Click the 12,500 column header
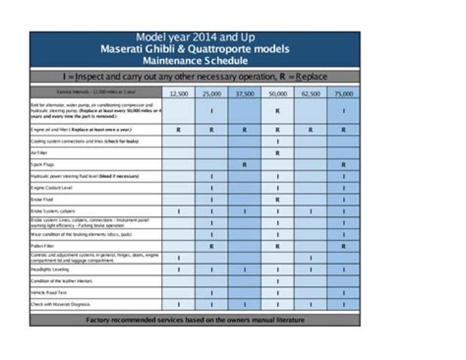coord(179,94)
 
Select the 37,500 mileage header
coord(245,94)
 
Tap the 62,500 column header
coord(311,94)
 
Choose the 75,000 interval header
coord(344,94)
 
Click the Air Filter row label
coord(39,153)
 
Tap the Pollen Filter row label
coord(42,246)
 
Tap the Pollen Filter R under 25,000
coord(212,246)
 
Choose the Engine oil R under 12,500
coord(179,129)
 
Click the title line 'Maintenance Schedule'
coord(195,61)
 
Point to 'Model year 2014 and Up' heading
coord(195,38)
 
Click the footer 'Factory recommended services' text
coord(195,320)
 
